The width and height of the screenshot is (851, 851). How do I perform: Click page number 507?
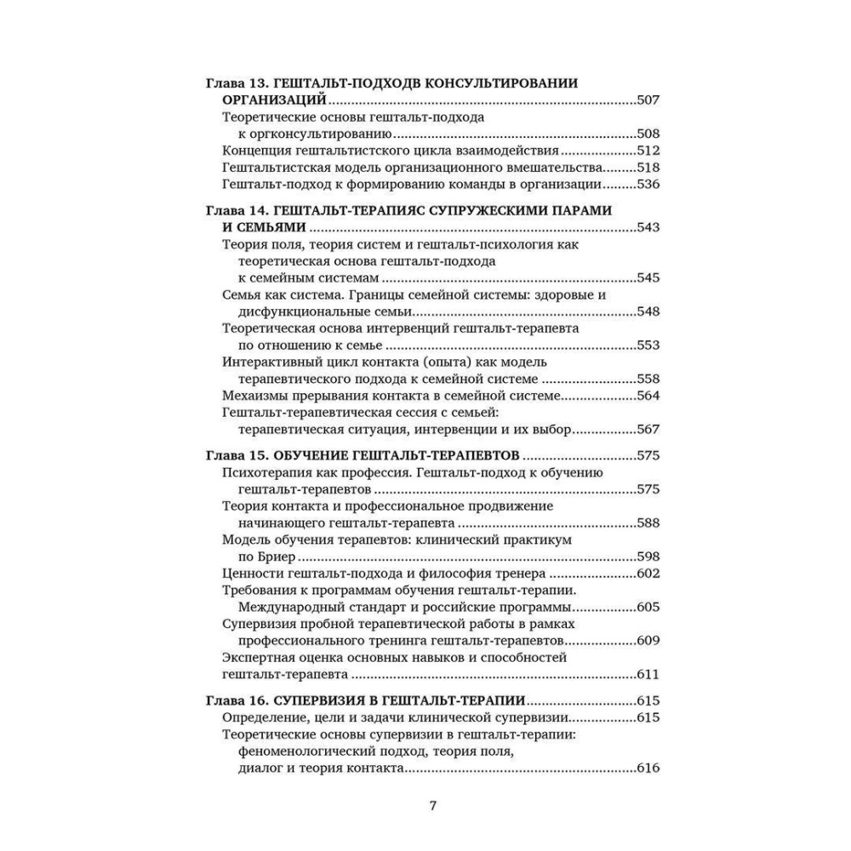[x=648, y=100]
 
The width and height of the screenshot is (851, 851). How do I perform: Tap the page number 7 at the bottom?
[x=432, y=806]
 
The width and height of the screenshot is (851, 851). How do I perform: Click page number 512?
[x=648, y=151]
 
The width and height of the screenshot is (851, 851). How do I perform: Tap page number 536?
[x=648, y=184]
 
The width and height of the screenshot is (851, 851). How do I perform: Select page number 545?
[x=648, y=277]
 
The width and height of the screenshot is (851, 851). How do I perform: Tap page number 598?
[x=648, y=557]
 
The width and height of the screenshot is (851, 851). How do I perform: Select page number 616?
[x=648, y=768]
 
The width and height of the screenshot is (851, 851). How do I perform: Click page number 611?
[x=648, y=675]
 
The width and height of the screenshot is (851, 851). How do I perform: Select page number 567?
[x=648, y=430]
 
